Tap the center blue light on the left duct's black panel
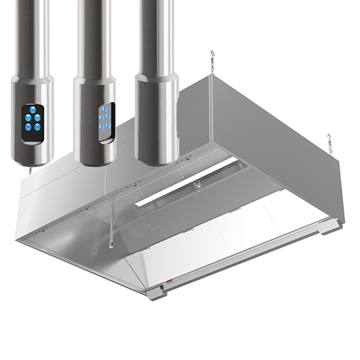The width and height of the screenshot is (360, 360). (x=29, y=119)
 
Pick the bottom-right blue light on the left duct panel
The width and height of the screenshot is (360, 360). (x=35, y=127)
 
